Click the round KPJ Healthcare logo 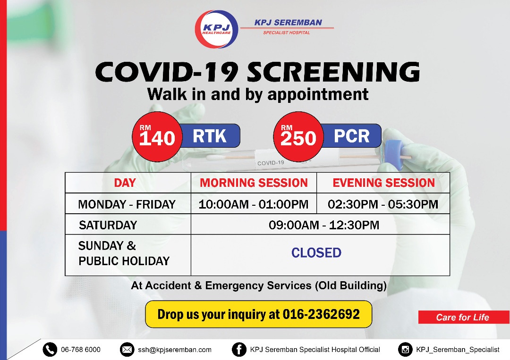(x=216, y=29)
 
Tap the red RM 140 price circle (x=157, y=137)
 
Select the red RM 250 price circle (x=298, y=137)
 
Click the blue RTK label (x=210, y=136)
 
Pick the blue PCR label (x=352, y=136)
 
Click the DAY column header (x=125, y=183)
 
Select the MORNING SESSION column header (x=254, y=183)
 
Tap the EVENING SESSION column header (x=383, y=183)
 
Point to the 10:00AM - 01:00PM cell (x=254, y=204)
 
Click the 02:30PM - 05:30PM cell (x=383, y=204)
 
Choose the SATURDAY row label (x=108, y=225)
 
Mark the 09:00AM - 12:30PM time (x=324, y=225)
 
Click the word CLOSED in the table (x=316, y=253)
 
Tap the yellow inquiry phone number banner (x=259, y=314)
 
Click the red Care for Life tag (x=464, y=317)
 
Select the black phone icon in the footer (x=50, y=350)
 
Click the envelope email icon (x=127, y=350)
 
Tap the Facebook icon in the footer (x=239, y=350)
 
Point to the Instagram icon (x=405, y=350)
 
